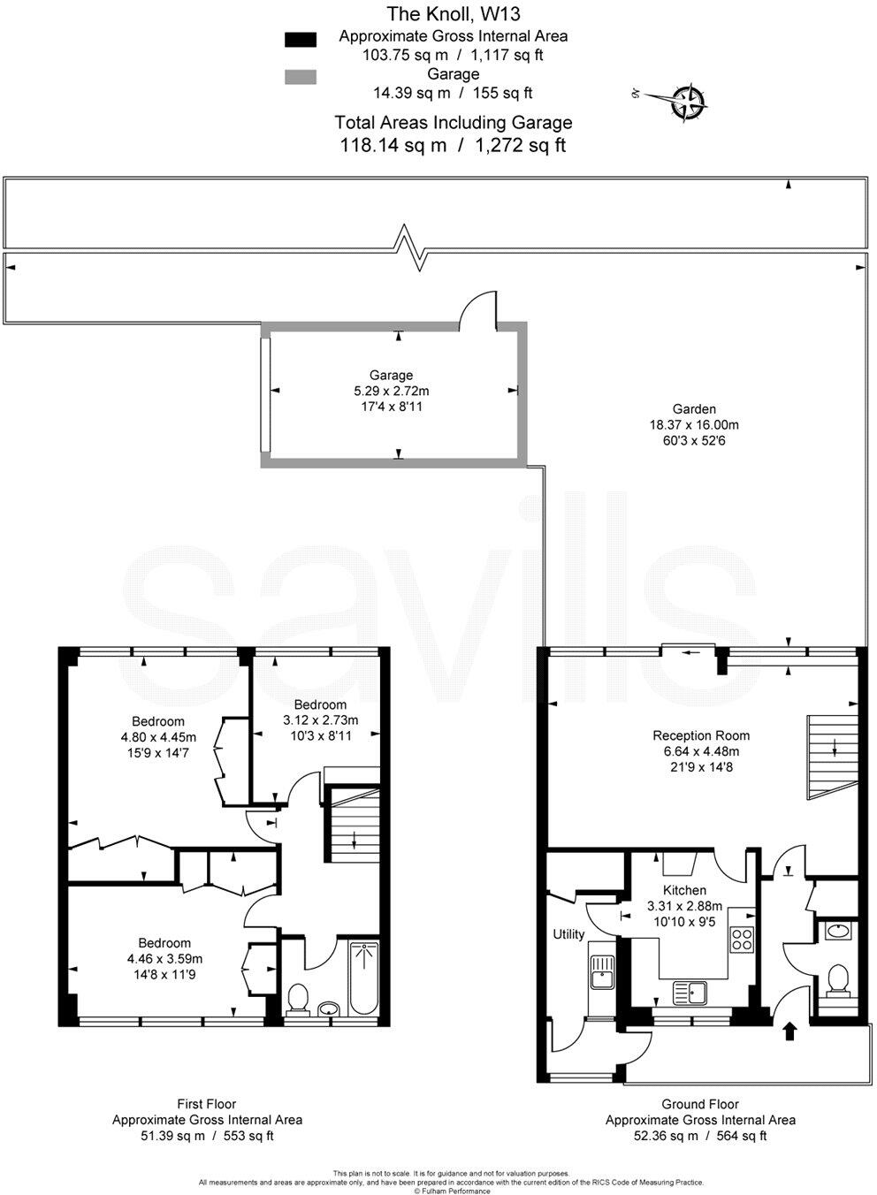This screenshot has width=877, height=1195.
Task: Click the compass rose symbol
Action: tap(689, 101)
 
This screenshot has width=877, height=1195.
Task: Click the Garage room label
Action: tap(391, 375)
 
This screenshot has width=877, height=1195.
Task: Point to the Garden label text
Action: tap(694, 409)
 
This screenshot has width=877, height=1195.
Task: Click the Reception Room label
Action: tap(701, 735)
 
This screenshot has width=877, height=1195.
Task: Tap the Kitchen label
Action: tap(684, 890)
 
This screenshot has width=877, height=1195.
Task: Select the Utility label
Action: tap(568, 934)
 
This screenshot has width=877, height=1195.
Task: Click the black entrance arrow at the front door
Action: tap(789, 1031)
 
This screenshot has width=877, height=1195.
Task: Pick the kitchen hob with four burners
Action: tap(742, 941)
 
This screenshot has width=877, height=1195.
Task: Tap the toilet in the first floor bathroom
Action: tap(298, 999)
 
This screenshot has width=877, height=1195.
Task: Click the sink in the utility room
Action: tap(602, 973)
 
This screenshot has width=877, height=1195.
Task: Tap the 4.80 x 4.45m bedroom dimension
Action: tap(158, 737)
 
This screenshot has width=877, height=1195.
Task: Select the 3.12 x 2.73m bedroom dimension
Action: tap(320, 719)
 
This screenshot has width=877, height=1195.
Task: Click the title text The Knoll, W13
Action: tap(453, 13)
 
